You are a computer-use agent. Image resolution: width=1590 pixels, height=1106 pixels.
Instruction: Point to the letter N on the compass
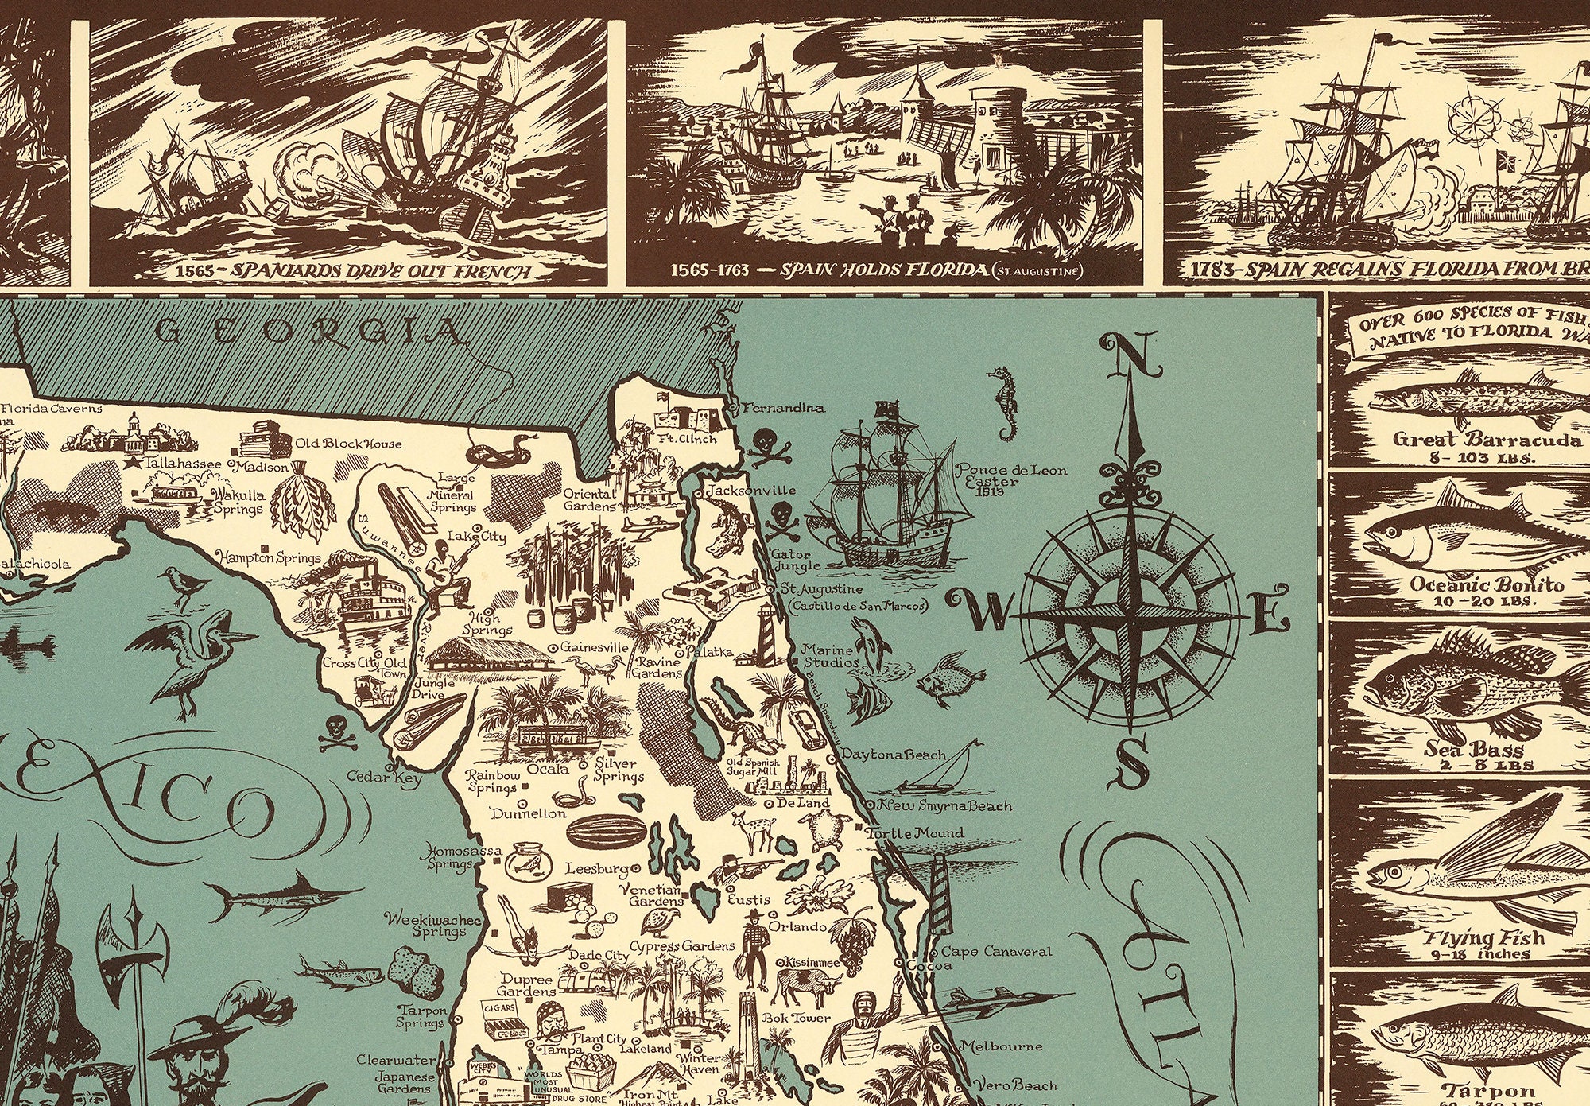click(x=1127, y=353)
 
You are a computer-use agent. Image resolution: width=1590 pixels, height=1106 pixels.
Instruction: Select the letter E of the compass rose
click(x=1269, y=612)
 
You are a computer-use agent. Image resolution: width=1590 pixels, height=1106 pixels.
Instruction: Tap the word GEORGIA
click(x=309, y=331)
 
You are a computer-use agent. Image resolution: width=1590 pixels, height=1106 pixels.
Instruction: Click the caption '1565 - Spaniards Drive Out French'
click(x=349, y=271)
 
